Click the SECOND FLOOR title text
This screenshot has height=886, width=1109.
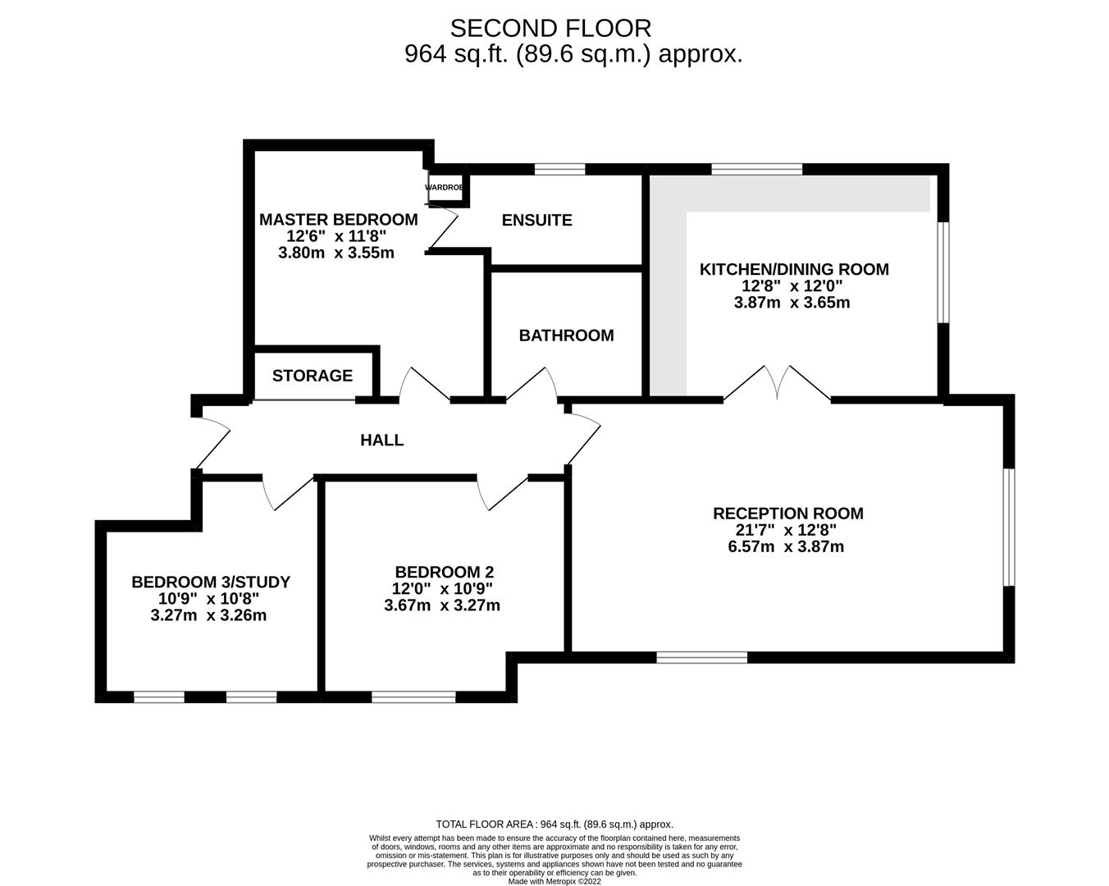[x=550, y=28]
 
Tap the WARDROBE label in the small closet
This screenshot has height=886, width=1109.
[x=444, y=188]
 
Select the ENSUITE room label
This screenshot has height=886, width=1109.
[x=536, y=220]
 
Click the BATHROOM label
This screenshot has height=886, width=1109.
[x=566, y=335]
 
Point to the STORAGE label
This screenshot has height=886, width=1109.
[x=313, y=376]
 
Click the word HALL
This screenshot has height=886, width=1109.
[x=382, y=440]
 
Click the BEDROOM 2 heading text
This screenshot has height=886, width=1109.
[x=444, y=572]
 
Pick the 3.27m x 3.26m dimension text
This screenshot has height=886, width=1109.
[x=208, y=615]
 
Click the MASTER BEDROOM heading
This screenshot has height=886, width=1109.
[x=338, y=219]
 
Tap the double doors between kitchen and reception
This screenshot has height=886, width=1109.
[x=777, y=383]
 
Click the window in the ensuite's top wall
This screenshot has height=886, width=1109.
[x=559, y=169]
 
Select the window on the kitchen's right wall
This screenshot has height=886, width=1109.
[x=943, y=272]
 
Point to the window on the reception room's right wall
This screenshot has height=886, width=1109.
[x=1010, y=527]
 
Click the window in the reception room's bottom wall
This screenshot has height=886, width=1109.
[x=702, y=657]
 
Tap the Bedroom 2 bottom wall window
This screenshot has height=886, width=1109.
[x=413, y=697]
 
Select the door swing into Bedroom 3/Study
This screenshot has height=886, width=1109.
[x=283, y=491]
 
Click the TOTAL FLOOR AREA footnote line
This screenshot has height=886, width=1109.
[x=554, y=824]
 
